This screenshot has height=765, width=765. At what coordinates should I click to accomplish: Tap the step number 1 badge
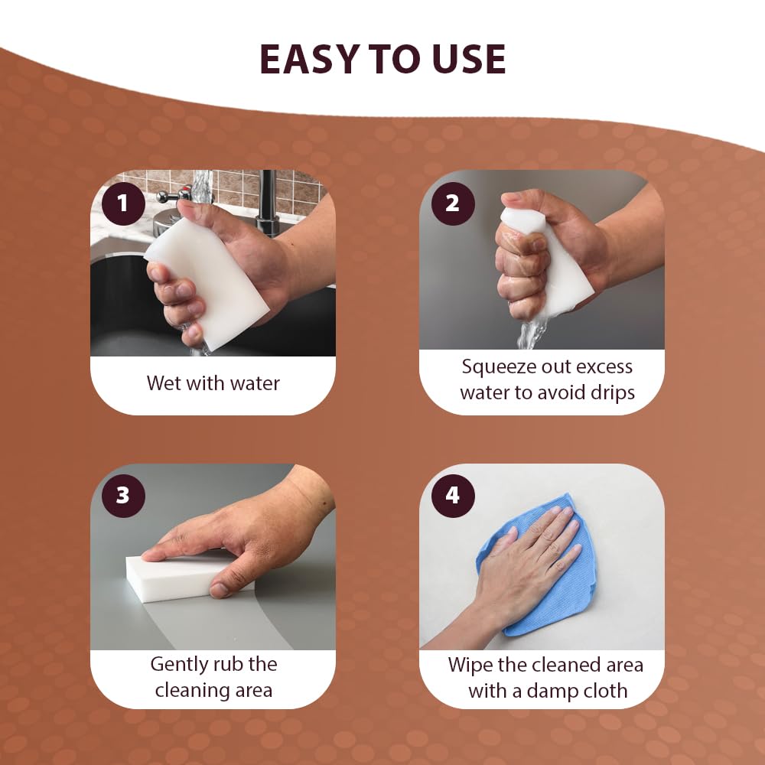122,203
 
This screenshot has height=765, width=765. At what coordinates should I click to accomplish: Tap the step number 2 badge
452,203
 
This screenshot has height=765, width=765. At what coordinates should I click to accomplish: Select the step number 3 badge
122,496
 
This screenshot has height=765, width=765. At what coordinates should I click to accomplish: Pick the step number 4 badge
452,496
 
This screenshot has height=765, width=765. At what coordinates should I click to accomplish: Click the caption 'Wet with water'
213,382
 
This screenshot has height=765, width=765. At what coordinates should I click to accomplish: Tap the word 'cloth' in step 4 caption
601,691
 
